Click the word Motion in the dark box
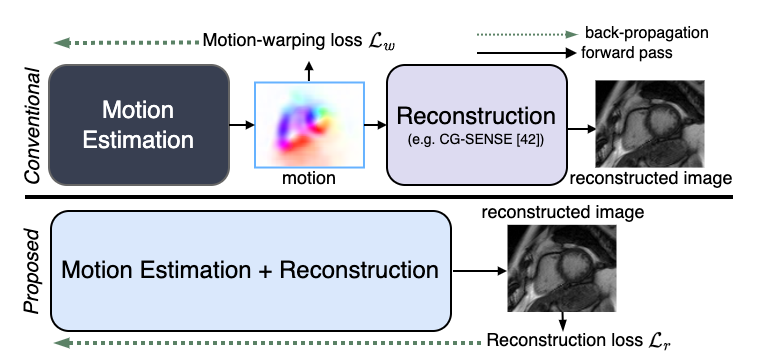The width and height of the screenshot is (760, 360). pyautogui.click(x=138, y=109)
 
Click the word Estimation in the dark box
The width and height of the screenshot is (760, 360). pyautogui.click(x=138, y=140)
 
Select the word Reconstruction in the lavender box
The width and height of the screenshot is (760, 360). pyautogui.click(x=476, y=115)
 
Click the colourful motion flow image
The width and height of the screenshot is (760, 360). pyautogui.click(x=309, y=125)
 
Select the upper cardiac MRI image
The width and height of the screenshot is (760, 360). pyautogui.click(x=650, y=124)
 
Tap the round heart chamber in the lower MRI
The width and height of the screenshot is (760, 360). pyautogui.click(x=574, y=262)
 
